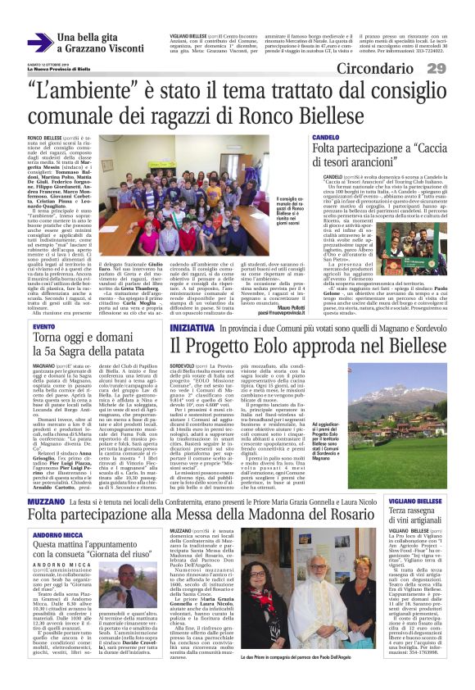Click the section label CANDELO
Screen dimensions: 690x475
click(x=325, y=137)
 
